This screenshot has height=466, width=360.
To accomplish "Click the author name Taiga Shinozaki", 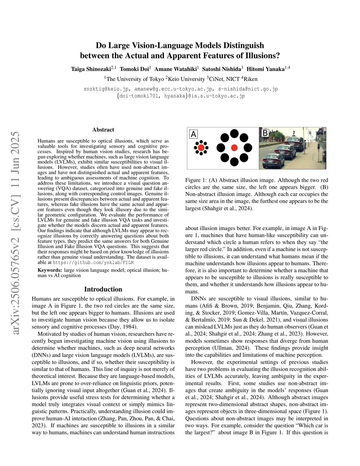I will (x=91, y=69).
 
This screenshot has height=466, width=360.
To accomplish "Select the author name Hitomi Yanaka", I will (x=265, y=69).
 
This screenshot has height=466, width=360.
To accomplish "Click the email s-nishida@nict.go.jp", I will (x=248, y=89).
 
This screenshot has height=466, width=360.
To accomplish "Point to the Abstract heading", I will (x=103, y=130).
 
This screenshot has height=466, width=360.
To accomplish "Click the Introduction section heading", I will (x=103, y=289).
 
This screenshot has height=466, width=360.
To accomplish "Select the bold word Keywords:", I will (x=50, y=270).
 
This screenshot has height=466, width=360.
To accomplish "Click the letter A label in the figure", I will (x=193, y=134).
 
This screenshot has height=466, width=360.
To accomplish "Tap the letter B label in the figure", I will (x=265, y=133).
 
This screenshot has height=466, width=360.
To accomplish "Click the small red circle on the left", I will (x=201, y=148).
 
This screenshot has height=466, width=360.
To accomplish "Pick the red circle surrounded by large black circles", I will (x=234, y=148).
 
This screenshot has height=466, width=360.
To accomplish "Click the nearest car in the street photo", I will (x=273, y=160).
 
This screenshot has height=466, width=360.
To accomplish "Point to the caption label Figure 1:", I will (x=197, y=180).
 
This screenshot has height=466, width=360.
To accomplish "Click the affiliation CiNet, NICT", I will (x=223, y=79).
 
